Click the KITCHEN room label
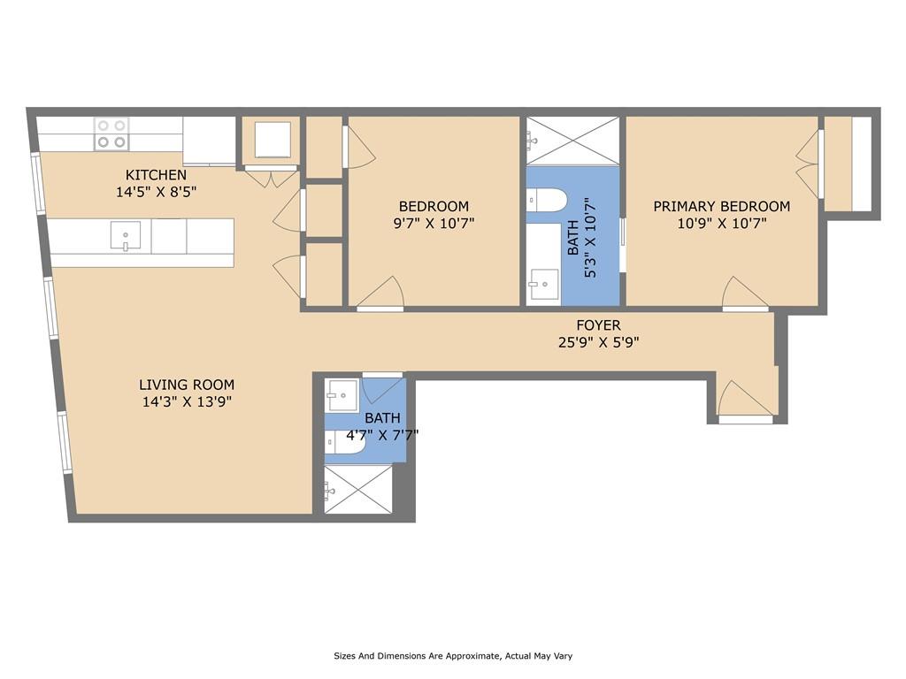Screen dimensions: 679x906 (156, 175)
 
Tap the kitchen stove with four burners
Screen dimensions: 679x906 (112, 134)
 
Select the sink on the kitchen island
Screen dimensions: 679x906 (126, 236)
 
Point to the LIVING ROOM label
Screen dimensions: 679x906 (187, 385)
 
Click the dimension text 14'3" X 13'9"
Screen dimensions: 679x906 (187, 401)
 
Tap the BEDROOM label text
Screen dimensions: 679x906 (434, 207)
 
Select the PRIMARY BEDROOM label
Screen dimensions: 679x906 (721, 207)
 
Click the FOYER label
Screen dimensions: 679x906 (598, 325)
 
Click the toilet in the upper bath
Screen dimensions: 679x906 (549, 201)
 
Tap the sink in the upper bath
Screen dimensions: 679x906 (543, 285)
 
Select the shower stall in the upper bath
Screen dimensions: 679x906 (572, 140)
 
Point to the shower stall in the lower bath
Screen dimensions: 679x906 (358, 489)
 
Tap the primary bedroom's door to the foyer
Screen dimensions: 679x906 (744, 294)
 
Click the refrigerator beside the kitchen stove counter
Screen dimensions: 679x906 (210, 140)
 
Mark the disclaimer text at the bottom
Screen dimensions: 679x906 (453, 656)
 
